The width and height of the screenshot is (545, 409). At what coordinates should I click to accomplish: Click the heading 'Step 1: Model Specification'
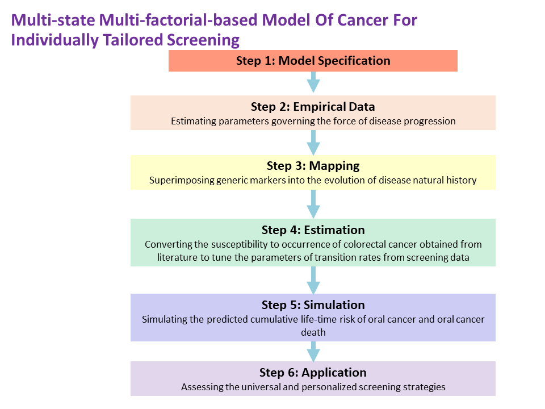coord(313,61)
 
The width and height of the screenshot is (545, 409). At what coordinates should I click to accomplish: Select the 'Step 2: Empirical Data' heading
coord(313,107)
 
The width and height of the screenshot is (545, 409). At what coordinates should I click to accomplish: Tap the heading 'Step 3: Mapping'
coord(313,166)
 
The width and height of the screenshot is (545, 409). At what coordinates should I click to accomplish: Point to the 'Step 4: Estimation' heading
coord(313,230)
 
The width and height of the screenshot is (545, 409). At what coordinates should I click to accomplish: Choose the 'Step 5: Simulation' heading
coord(313,305)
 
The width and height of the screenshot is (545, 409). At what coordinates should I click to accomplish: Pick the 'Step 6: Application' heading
coord(313,373)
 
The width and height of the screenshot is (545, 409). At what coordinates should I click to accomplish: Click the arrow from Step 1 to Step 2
coord(313,82)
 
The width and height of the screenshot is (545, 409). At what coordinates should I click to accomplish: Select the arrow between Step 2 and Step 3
coord(313,143)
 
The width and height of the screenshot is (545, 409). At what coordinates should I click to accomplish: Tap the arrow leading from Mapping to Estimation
coord(313,204)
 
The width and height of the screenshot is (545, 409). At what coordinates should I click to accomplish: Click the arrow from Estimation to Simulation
coord(313,280)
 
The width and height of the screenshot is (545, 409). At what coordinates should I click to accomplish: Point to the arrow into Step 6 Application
coord(313,352)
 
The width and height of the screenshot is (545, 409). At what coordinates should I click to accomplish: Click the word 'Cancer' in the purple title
coord(363,20)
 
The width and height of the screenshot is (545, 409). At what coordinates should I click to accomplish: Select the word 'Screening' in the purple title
coord(203,40)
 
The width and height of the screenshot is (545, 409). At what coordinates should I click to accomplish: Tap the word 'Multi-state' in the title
coord(53,20)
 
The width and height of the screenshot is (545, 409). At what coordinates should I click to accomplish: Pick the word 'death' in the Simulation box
coord(313,332)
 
